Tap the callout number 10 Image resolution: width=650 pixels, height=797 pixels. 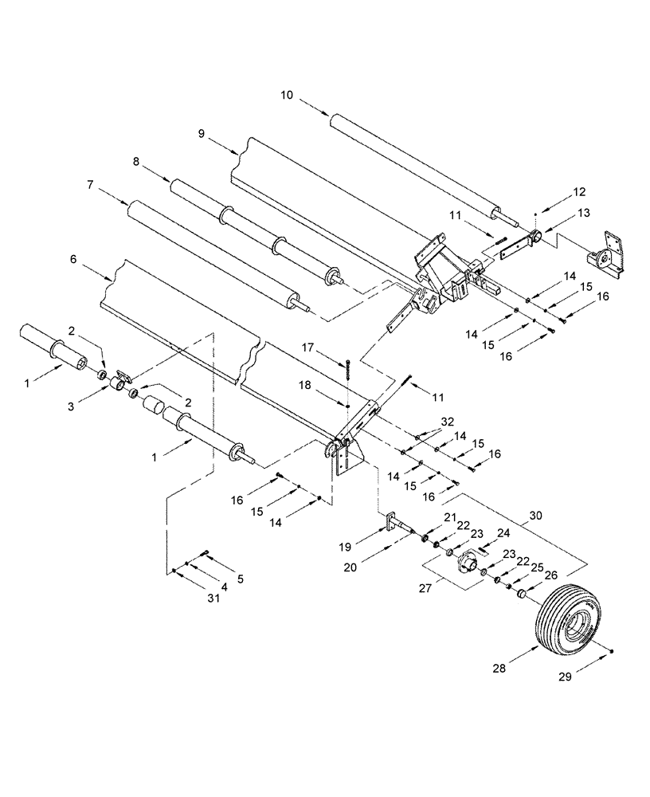click(287, 95)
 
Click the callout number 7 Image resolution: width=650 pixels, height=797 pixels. click(90, 184)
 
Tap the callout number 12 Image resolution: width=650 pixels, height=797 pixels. click(578, 191)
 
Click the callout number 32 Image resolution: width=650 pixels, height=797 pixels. click(449, 421)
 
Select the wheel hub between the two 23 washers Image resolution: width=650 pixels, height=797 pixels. click(466, 567)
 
